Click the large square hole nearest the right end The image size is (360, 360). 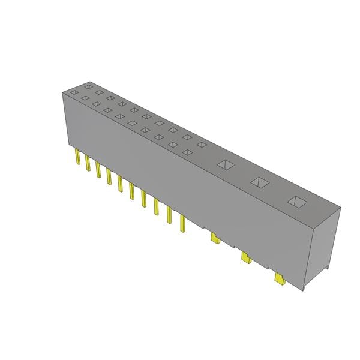click(296, 202)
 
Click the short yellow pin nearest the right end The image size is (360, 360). click(278, 279)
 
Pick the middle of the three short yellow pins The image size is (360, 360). click(245, 258)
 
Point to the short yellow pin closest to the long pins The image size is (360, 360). click(214, 239)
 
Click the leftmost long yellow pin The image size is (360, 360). click(77, 158)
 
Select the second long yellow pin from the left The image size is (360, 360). click(88, 164)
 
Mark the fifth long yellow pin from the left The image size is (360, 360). click(121, 184)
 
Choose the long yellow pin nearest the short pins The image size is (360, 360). click(182, 224)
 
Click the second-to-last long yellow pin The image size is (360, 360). click(169, 217)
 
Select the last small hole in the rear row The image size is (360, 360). click(202, 145)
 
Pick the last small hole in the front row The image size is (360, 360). click(188, 152)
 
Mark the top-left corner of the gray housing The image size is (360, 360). click(63, 92)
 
